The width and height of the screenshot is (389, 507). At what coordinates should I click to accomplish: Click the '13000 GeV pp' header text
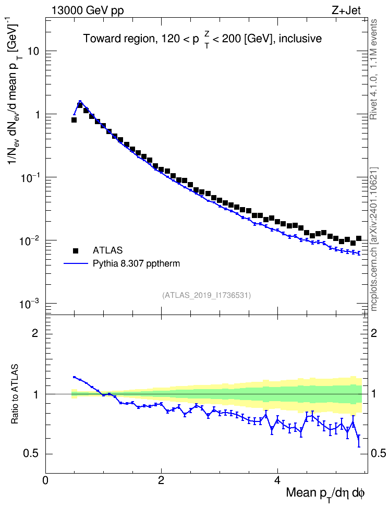[87, 10]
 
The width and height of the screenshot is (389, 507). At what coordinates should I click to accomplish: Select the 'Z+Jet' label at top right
[346, 10]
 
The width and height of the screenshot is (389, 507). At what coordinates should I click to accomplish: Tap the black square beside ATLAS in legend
[76, 250]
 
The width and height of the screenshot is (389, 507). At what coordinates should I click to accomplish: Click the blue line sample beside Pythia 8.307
[76, 263]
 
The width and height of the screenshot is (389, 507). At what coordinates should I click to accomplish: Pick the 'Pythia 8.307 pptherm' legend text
[136, 264]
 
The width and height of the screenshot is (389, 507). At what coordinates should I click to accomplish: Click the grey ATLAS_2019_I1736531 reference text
[206, 295]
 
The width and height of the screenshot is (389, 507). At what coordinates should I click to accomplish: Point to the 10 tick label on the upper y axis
[33, 51]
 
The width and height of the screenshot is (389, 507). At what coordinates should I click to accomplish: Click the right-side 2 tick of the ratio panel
[374, 333]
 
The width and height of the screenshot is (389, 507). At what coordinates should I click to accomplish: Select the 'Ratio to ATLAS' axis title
[15, 394]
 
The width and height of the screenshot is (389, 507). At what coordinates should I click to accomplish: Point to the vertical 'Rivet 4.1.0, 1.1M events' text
[373, 69]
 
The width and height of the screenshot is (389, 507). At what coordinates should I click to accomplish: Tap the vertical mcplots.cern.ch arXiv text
[373, 239]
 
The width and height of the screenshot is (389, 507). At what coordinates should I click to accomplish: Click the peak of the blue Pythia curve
[80, 101]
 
